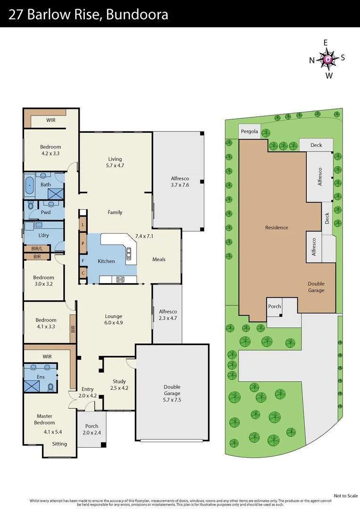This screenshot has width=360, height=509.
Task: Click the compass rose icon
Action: click(327, 59)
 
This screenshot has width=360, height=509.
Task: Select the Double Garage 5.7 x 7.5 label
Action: click(172, 393)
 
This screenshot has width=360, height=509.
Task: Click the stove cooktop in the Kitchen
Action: click(120, 279)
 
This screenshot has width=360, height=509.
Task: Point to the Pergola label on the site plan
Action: click(249, 131)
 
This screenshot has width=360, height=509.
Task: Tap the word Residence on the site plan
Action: click(276, 228)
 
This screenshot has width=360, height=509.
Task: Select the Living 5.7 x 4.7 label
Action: click(115, 162)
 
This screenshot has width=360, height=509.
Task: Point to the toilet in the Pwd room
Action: click(31, 205)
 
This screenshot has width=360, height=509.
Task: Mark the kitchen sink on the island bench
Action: click(129, 254)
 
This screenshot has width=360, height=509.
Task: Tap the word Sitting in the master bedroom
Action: click(59, 443)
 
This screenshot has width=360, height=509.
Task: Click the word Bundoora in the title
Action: click(137, 15)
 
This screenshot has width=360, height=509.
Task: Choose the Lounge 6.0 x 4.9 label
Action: click(114, 320)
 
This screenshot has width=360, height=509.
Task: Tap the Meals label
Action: click(159, 259)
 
